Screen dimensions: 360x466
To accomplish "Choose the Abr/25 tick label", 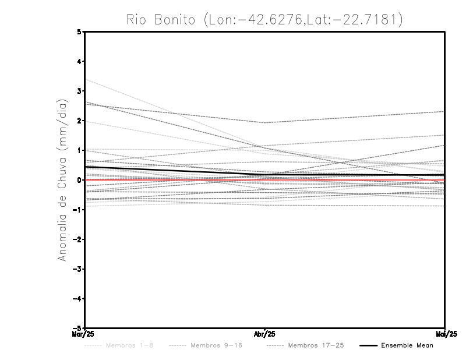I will click(x=265, y=334).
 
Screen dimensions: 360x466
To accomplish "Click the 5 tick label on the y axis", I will click(x=79, y=31).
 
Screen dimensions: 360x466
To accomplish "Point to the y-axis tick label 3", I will click(x=79, y=91).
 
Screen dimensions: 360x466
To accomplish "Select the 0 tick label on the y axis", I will click(x=79, y=180).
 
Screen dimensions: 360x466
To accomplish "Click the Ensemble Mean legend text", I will click(x=407, y=345).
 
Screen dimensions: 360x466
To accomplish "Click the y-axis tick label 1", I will click(x=79, y=150).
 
